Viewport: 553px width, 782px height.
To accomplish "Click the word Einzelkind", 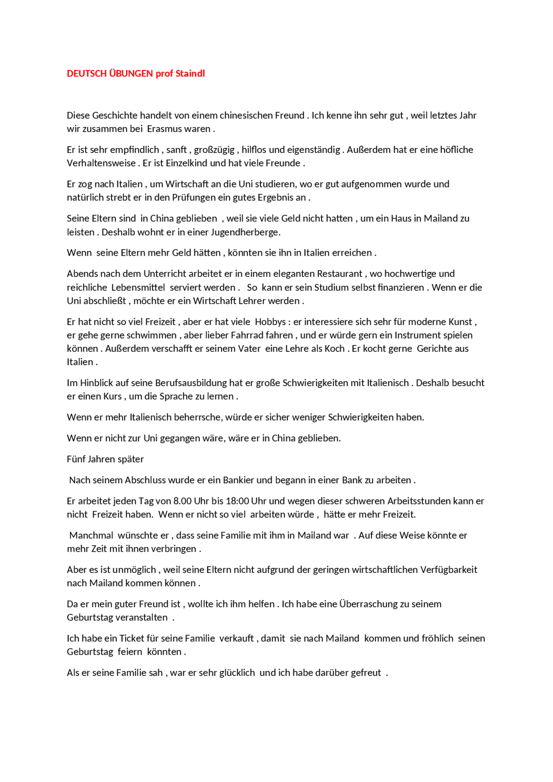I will click(x=187, y=163).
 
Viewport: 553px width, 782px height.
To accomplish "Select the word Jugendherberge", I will click(x=245, y=232).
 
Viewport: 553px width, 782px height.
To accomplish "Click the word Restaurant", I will click(x=340, y=274).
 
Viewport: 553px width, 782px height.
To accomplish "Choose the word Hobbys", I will click(x=270, y=322).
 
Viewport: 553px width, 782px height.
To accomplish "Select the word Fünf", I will click(x=76, y=459).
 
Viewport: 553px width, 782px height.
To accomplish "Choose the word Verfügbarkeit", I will click(x=451, y=570).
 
